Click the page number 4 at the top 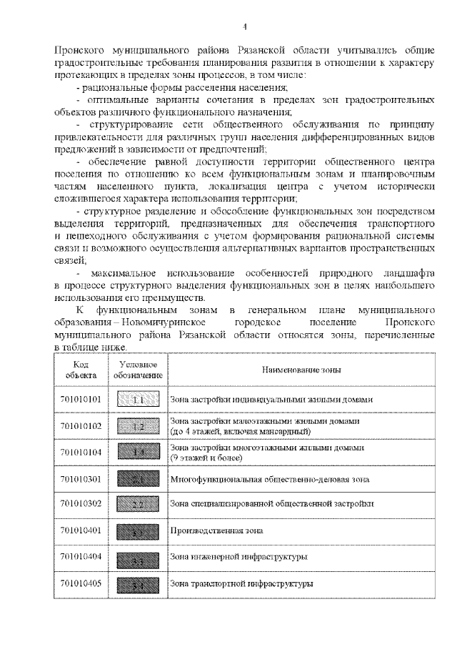click(x=244, y=27)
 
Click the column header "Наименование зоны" click(x=300, y=370)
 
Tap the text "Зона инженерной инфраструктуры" click(x=228, y=557)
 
